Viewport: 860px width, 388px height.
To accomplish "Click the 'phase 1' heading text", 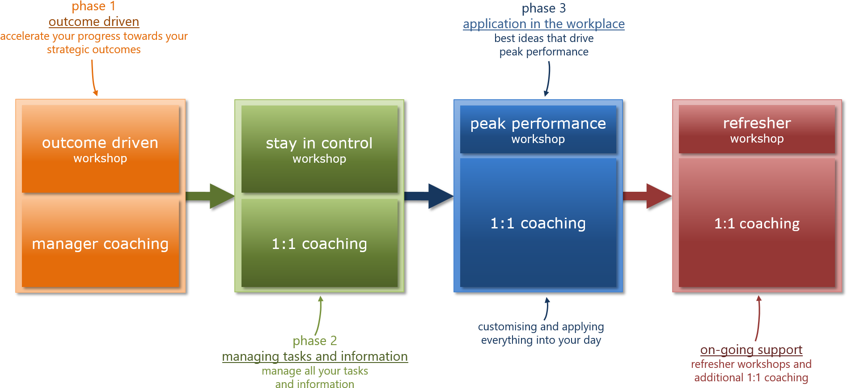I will click(x=93, y=7).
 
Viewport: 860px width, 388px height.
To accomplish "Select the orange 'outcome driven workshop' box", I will click(x=100, y=149).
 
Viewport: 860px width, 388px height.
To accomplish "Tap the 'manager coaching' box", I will click(x=100, y=244).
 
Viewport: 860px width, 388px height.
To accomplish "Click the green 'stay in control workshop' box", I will click(x=319, y=149).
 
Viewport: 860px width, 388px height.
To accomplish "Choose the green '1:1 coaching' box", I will click(x=319, y=244).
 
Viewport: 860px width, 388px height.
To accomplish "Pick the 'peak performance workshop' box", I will click(x=538, y=129).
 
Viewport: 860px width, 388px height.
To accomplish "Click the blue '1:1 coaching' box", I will click(x=538, y=223).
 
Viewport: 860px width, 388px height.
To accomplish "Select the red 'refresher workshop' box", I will click(x=757, y=129).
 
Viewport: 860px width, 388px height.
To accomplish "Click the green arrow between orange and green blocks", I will click(x=210, y=196).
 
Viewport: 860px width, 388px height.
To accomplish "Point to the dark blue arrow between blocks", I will click(x=429, y=196).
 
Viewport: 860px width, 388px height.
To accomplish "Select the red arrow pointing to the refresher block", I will click(x=648, y=196).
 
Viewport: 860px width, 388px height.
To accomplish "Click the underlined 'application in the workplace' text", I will click(x=543, y=24).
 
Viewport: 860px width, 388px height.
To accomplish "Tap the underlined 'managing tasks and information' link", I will click(x=315, y=356).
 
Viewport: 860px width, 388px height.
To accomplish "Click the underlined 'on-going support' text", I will click(x=751, y=350).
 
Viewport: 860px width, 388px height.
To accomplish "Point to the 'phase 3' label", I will click(x=543, y=8).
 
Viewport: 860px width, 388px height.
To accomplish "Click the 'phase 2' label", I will click(x=314, y=341).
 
